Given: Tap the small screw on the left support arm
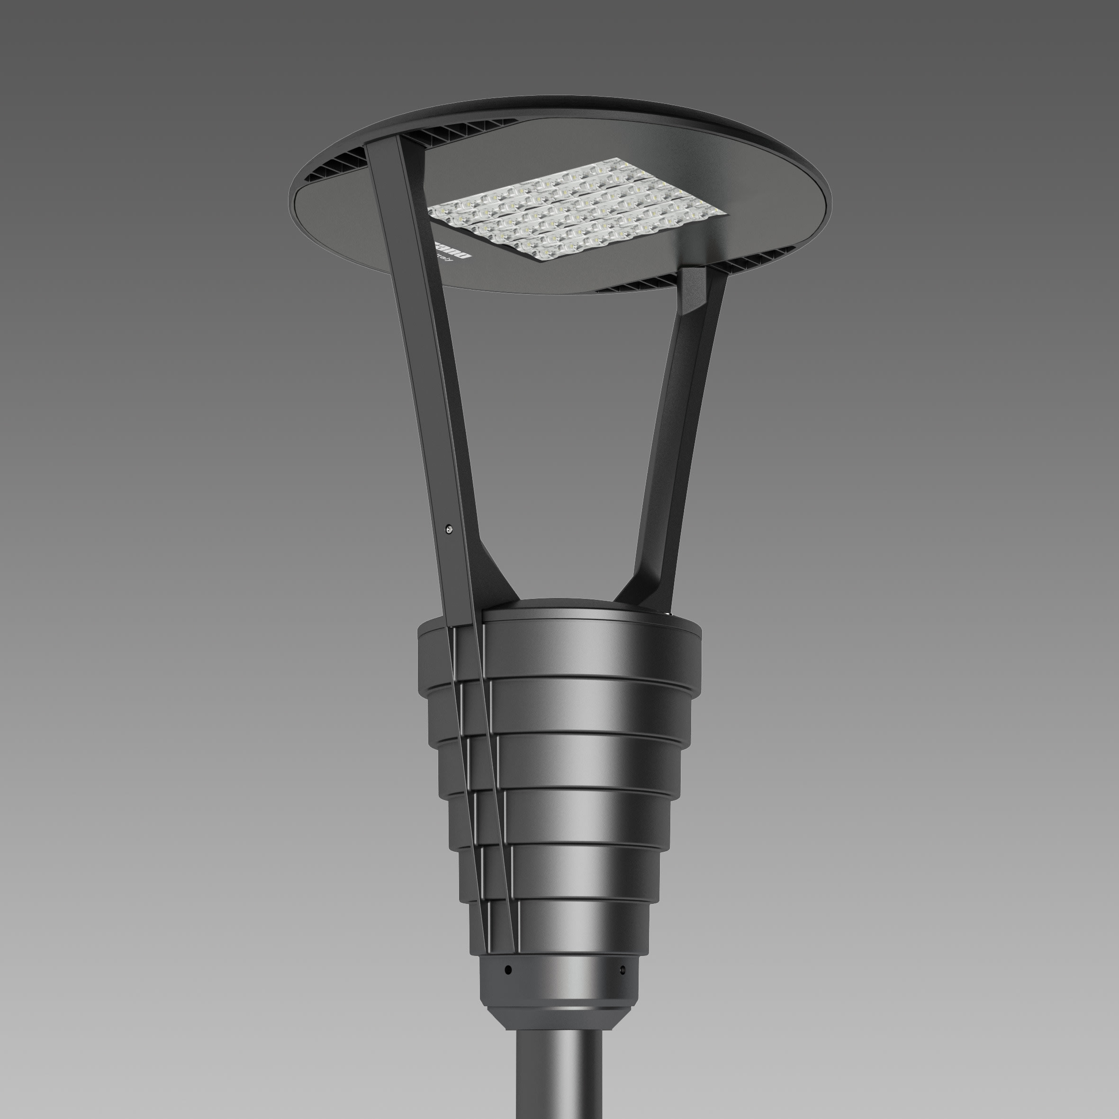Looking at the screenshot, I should [448, 528].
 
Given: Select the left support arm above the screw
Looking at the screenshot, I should [423, 348].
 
